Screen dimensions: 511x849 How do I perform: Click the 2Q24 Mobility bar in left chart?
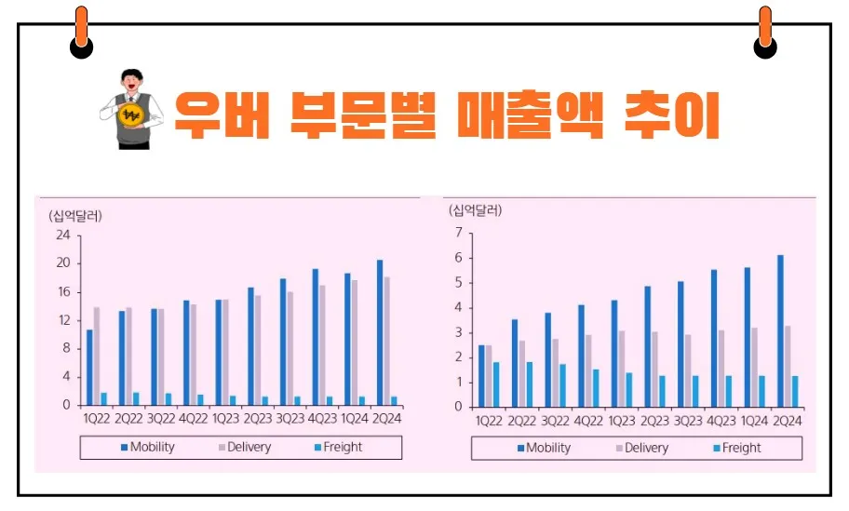pos(379,332)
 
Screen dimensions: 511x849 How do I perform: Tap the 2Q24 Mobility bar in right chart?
pos(780,330)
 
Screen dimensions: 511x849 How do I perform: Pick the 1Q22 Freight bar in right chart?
pos(496,384)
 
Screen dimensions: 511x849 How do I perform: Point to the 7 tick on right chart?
pos(459,233)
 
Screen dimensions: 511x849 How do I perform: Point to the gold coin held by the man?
pos(130,114)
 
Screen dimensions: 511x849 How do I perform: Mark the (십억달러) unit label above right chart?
pos(475,209)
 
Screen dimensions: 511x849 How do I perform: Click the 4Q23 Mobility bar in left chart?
pos(315,337)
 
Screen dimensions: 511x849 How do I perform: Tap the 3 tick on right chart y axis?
pos(459,332)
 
